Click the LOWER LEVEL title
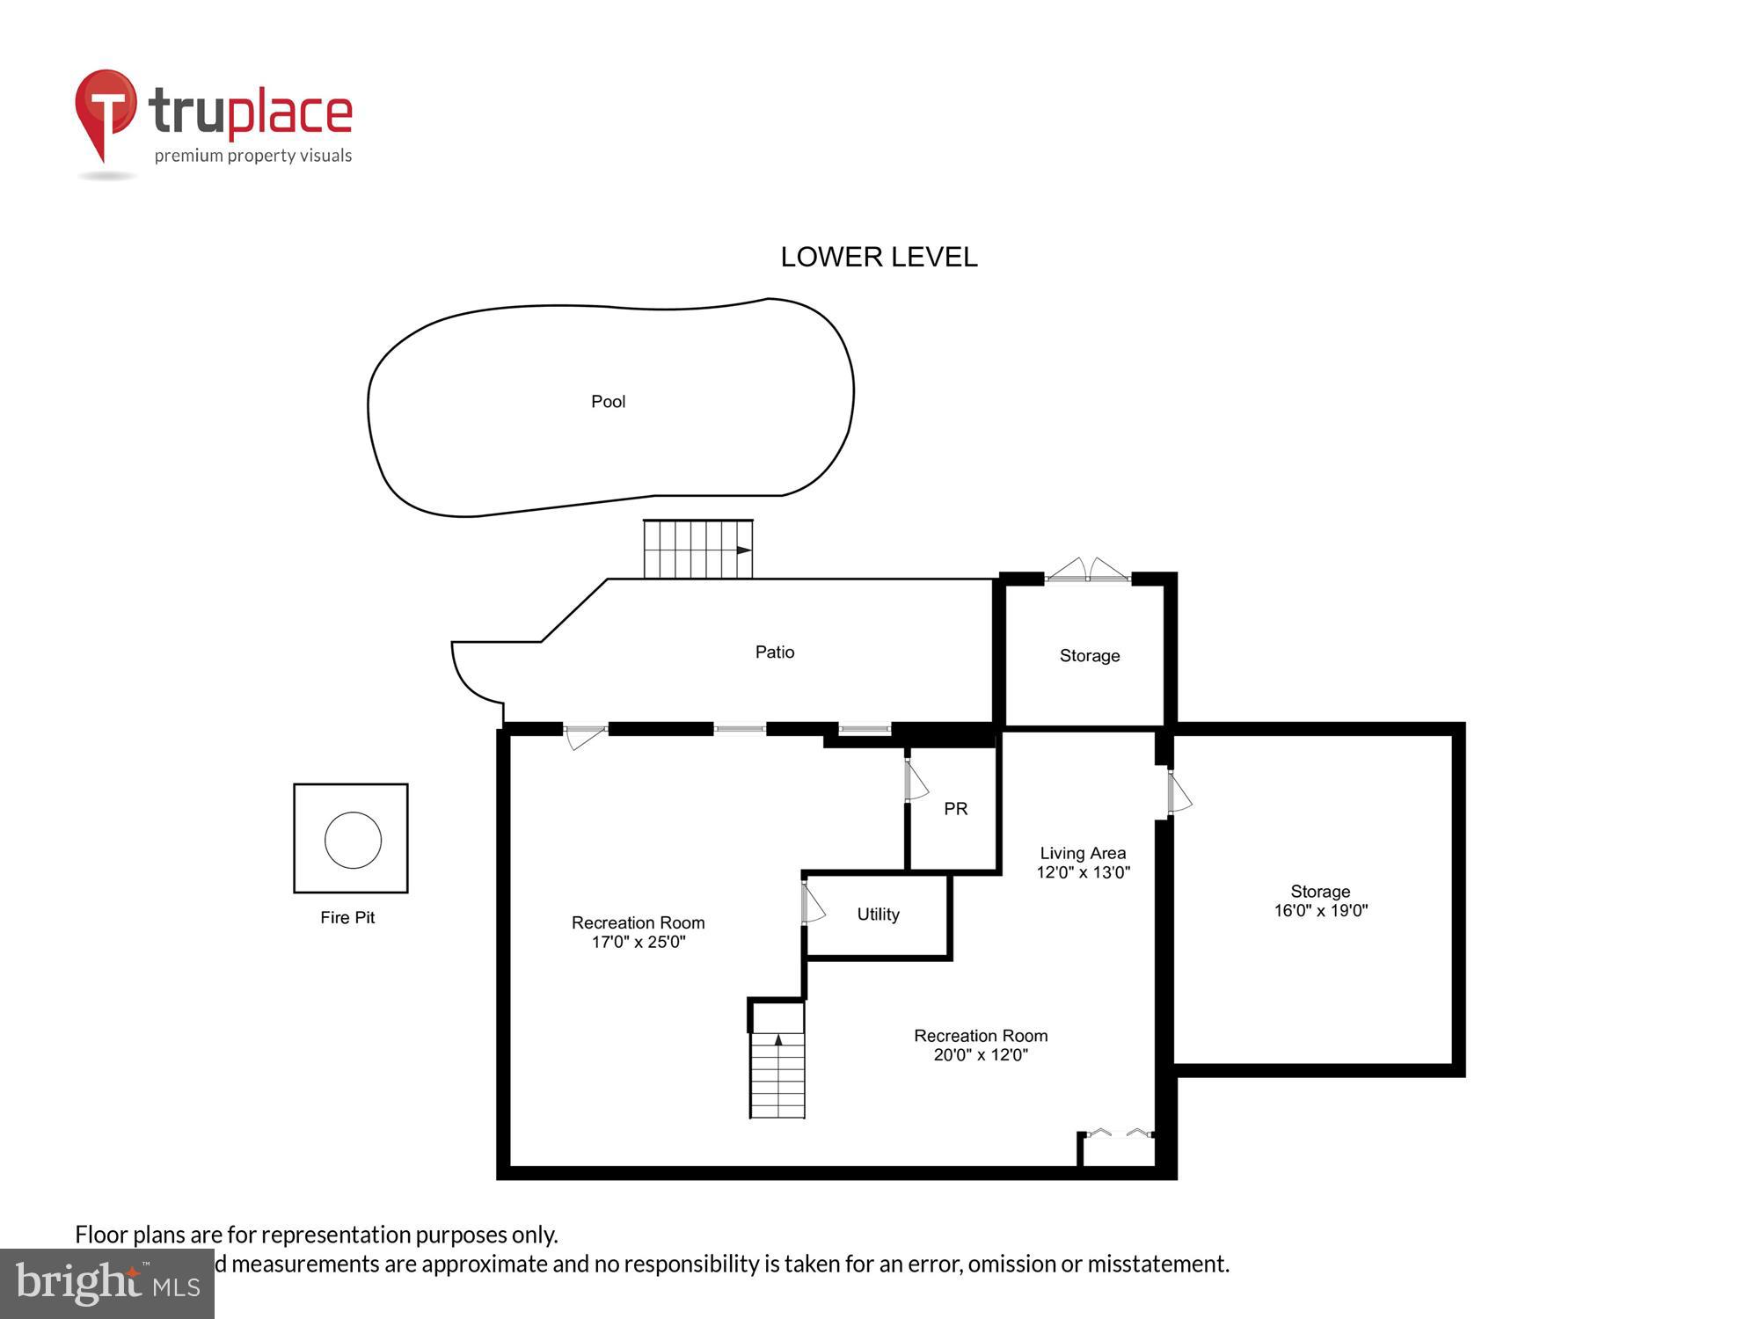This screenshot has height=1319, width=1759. pos(879,257)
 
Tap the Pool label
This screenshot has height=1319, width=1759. pos(608,402)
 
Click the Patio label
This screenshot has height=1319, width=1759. pos(774,652)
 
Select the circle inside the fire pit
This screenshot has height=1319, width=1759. pos(353,840)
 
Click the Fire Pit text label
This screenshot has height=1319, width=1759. pos(347,917)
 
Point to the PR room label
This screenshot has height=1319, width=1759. pos(955,808)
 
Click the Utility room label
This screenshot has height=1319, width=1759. pos(878,915)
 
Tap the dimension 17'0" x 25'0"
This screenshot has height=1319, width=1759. pos(638,942)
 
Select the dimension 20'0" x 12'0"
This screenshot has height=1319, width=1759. pos(980,1055)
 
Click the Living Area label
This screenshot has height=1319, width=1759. pos(1083,853)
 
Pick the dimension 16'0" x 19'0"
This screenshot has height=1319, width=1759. pos(1320,911)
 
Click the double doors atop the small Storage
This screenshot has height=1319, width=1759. pos(1088,571)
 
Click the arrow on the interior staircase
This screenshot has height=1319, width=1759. pos(777,1039)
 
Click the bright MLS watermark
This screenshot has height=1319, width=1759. pos(107,1284)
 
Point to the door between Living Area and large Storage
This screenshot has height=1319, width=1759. pos(1178,792)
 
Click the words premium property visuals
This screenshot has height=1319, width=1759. pos(253,157)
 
